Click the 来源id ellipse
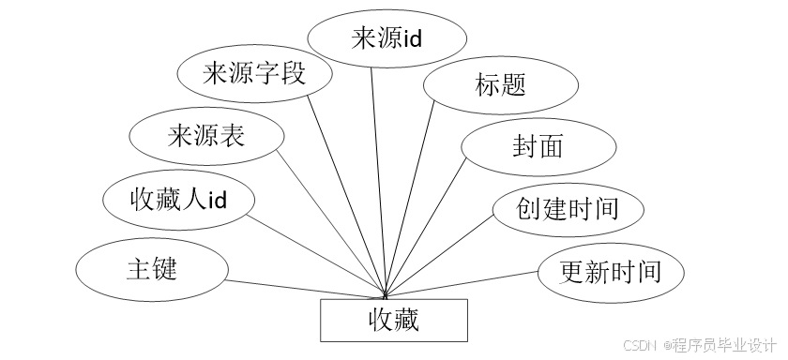click(387, 39)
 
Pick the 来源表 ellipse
click(205, 137)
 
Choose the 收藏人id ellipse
click(178, 200)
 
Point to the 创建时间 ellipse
click(567, 208)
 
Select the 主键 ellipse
click(151, 269)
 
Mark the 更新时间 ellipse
click(610, 273)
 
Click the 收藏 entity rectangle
click(393, 322)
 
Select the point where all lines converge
click(386, 297)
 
